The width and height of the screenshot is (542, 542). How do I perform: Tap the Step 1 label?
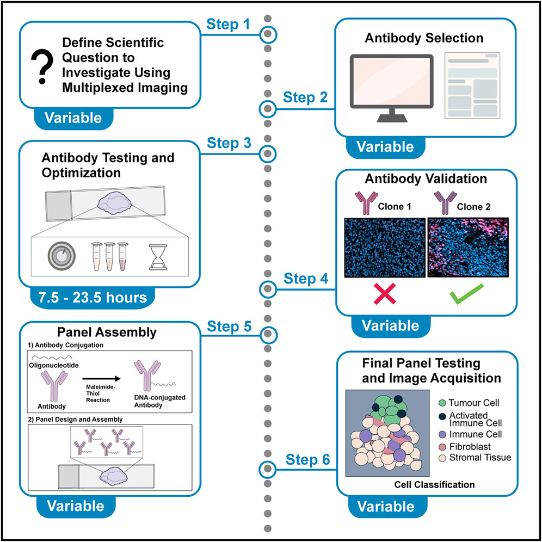(x=229, y=24)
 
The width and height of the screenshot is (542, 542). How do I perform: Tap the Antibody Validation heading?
(x=426, y=178)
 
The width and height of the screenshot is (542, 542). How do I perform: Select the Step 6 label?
(x=308, y=460)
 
